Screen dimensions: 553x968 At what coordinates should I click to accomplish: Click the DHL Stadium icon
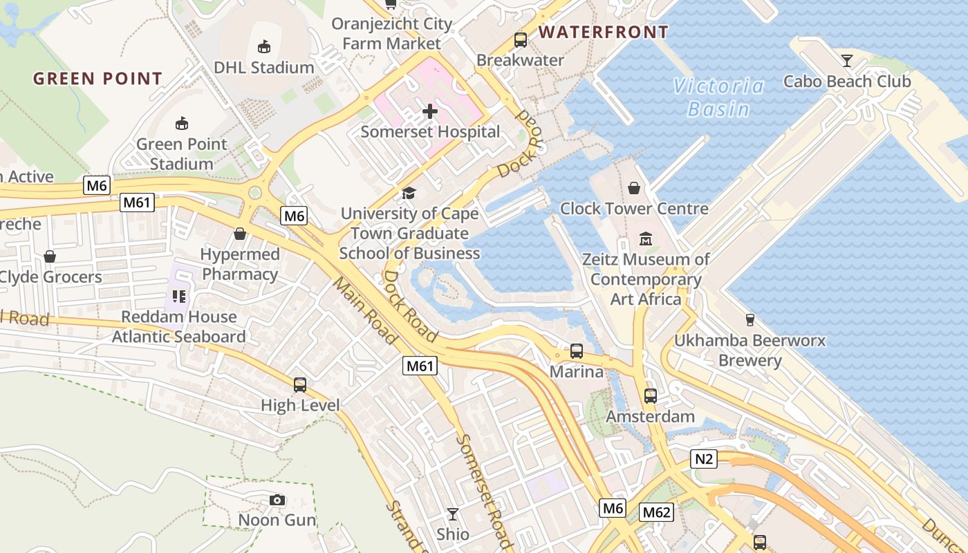tap(263, 47)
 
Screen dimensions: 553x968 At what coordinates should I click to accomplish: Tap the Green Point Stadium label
tap(182, 153)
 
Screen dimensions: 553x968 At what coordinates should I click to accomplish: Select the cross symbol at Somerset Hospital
tap(430, 111)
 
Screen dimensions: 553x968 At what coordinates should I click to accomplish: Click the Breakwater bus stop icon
tap(521, 40)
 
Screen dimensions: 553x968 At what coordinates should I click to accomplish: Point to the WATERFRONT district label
tap(604, 32)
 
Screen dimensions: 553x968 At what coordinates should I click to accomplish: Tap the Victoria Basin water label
tap(719, 97)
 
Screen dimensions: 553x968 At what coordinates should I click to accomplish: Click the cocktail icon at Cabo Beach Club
tap(847, 61)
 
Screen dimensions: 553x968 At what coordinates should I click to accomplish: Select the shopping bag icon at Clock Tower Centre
tap(634, 188)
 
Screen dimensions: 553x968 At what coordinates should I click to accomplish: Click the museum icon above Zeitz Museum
tap(646, 238)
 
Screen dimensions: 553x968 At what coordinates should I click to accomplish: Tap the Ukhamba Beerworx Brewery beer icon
tap(750, 320)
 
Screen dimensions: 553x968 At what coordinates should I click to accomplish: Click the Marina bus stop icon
tap(577, 351)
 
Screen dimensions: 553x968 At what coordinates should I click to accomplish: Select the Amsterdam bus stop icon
tap(651, 396)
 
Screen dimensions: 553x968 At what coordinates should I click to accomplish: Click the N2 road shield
tap(703, 458)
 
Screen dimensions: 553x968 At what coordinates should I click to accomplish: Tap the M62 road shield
tap(656, 512)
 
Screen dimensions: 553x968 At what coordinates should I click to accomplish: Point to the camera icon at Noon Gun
tap(277, 500)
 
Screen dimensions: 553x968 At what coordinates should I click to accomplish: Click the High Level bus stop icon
tap(300, 385)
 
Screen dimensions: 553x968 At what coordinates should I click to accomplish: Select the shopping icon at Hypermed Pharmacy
tap(240, 234)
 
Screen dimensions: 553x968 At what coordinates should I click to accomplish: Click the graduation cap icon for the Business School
tap(409, 193)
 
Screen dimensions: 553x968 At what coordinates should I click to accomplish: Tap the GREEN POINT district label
tap(97, 79)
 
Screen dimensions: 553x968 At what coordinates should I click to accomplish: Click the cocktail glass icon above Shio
tap(453, 514)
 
